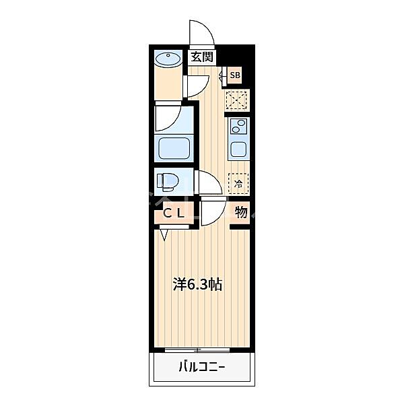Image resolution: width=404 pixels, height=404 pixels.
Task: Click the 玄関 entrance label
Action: coord(202,57)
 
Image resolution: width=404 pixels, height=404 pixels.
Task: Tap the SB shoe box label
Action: coord(235,75)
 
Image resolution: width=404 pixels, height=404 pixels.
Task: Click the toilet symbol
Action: coord(168,181)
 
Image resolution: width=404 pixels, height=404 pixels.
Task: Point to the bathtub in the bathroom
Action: coord(174,148)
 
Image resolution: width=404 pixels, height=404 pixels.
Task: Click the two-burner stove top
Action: coord(238,127)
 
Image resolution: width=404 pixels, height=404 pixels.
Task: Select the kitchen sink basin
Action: coord(238,149)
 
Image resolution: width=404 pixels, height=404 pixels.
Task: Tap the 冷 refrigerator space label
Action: coord(238,184)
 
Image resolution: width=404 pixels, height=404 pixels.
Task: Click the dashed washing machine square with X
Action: coord(236,100)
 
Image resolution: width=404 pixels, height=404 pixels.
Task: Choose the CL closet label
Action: coord(174,213)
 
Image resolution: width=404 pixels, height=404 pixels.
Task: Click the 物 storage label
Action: coord(241,212)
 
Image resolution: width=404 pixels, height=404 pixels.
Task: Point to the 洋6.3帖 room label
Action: coord(197,285)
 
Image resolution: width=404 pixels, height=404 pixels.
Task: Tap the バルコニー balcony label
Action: coord(202,367)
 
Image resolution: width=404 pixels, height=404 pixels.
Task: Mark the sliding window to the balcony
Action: coord(197,350)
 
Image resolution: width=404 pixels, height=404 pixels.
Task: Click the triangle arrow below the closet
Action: coord(164,235)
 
